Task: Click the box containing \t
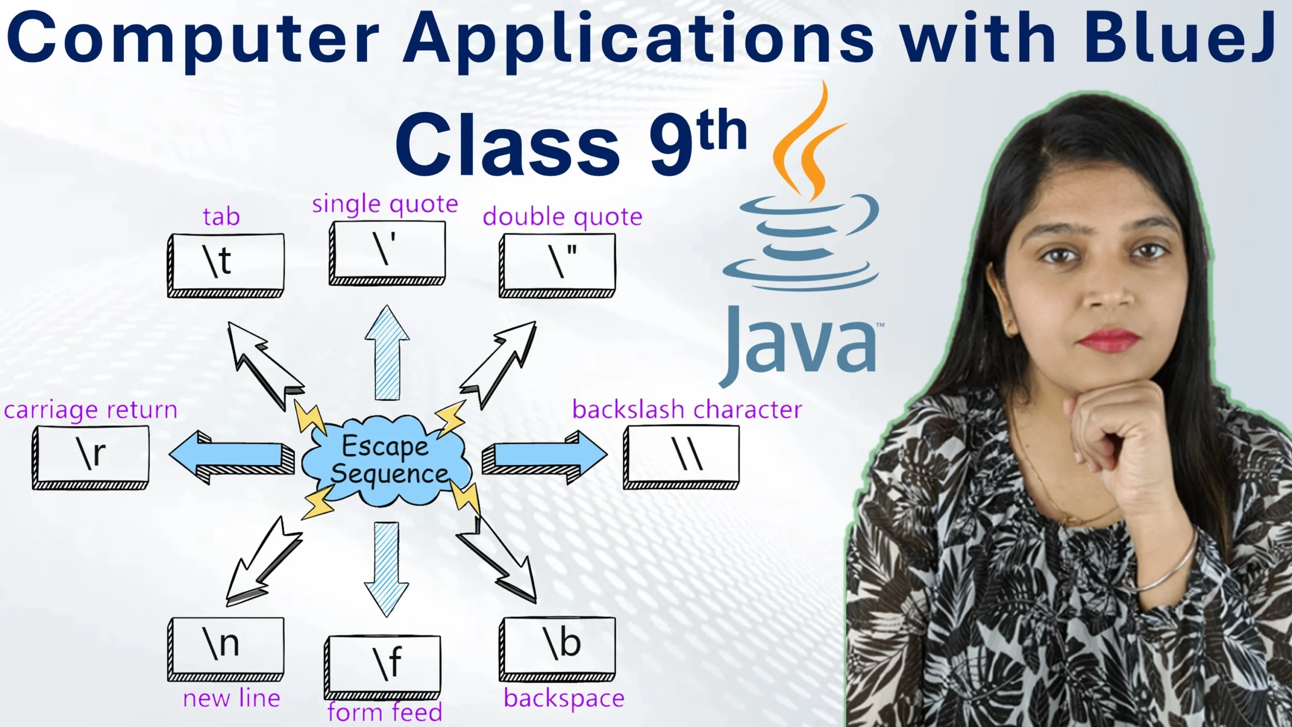click(226, 264)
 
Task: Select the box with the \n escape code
click(226, 647)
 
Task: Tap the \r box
click(91, 456)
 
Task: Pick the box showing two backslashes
click(682, 456)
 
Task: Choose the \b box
click(558, 647)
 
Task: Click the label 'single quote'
click(385, 204)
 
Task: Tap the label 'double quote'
click(562, 217)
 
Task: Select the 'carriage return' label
click(91, 410)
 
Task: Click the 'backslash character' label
click(686, 410)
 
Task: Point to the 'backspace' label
click(564, 699)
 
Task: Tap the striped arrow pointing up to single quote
click(387, 353)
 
